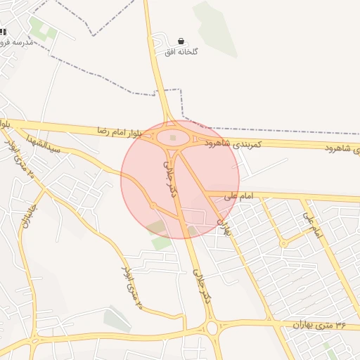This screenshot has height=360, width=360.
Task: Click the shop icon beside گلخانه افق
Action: (182, 41)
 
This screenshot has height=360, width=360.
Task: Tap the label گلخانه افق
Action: (182, 52)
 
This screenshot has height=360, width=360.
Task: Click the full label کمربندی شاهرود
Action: (233, 143)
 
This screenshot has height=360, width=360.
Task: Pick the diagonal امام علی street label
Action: (313, 224)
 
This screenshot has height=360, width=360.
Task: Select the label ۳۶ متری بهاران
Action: (322, 325)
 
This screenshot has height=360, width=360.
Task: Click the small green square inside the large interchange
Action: (173, 137)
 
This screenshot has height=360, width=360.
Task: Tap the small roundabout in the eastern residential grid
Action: (283, 243)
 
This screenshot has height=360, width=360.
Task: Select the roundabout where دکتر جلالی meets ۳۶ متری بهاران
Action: (211, 328)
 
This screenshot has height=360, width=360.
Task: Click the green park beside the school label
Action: (42, 30)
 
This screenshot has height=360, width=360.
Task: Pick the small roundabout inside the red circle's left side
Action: (153, 205)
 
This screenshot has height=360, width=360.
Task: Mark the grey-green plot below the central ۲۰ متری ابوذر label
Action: (117, 319)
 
